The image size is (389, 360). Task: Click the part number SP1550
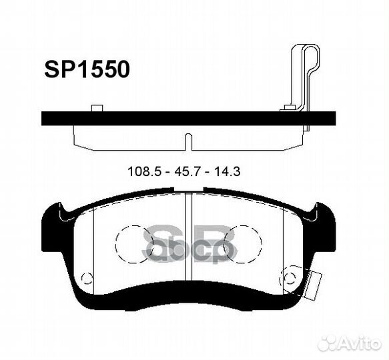click(x=87, y=69)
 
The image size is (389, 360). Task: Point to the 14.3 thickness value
click(x=226, y=171)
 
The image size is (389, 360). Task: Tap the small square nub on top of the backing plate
click(x=96, y=108)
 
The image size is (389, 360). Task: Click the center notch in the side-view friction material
click(x=188, y=141)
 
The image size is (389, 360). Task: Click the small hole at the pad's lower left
click(x=85, y=279)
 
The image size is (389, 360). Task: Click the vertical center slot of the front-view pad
click(x=188, y=233)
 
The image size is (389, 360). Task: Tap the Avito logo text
click(x=358, y=343)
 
